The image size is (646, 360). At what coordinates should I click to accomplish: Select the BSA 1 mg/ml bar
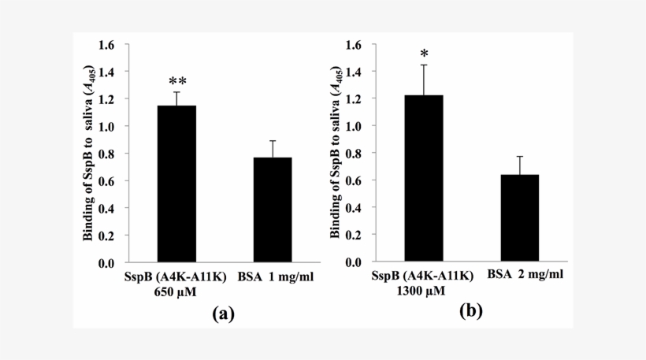[273, 210]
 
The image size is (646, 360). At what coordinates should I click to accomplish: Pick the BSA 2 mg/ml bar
[519, 218]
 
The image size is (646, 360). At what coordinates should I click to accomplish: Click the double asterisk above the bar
[177, 81]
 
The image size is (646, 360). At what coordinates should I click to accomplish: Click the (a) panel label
[223, 314]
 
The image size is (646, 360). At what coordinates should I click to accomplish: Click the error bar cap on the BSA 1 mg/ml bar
[273, 141]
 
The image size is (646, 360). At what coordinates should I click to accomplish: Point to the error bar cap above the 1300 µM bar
[424, 65]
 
